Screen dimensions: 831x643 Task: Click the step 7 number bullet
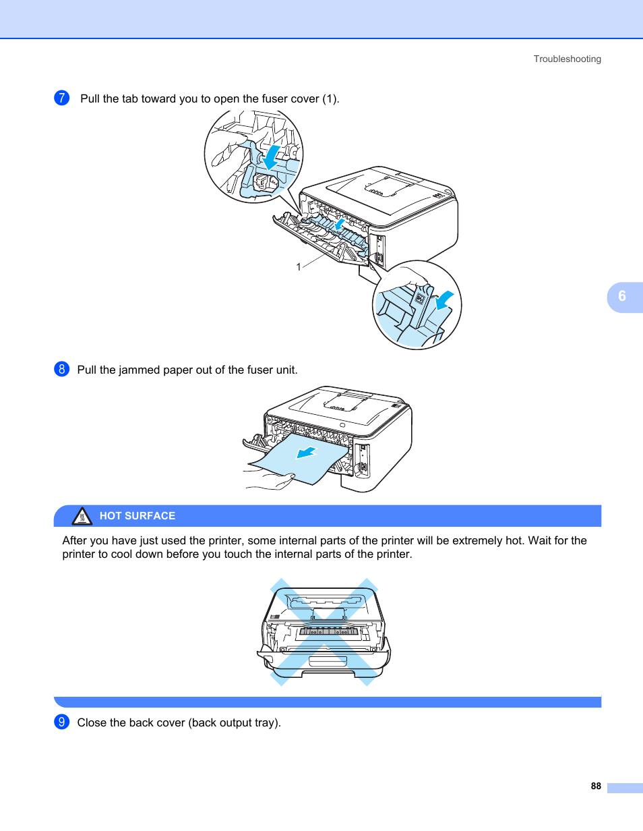coord(61,98)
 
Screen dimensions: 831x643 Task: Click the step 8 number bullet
coord(61,369)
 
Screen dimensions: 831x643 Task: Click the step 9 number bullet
coord(61,722)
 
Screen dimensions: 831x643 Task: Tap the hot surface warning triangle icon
coord(82,517)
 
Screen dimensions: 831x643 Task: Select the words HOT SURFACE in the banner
coord(137,516)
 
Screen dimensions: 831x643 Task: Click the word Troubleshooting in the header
coord(567,59)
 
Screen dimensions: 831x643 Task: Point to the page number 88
coord(595,786)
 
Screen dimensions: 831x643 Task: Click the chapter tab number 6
coord(621,296)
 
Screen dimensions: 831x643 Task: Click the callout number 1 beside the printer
coord(298,267)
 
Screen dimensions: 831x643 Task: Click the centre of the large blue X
coord(324,631)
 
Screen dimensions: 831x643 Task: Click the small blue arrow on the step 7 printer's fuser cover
coord(342,224)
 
